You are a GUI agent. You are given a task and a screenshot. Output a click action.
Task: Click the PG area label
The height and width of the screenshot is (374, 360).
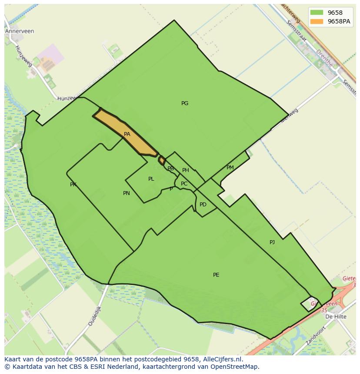[x=185, y=103]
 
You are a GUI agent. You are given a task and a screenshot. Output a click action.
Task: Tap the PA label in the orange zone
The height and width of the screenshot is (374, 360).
[x=127, y=134]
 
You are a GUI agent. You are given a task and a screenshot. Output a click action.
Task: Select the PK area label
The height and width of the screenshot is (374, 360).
[x=73, y=185]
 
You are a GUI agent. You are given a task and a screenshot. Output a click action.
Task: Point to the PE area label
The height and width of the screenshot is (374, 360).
[x=216, y=275]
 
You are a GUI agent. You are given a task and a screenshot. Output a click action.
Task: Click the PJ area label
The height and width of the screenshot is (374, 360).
[x=272, y=242]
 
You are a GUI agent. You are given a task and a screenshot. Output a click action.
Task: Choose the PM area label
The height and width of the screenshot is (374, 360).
[x=230, y=168]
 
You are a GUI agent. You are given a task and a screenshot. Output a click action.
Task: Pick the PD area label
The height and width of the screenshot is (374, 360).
[x=203, y=205]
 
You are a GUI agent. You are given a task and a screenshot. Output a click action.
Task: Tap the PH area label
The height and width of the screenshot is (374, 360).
[x=186, y=170]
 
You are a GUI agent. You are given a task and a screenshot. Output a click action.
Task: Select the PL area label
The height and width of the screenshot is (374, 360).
[x=151, y=179]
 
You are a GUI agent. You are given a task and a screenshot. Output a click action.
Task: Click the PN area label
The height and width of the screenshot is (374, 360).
[x=127, y=193]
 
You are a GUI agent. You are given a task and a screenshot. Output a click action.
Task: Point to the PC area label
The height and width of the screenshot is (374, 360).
[x=184, y=184]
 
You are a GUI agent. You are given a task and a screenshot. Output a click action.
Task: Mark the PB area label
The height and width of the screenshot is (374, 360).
[x=170, y=169]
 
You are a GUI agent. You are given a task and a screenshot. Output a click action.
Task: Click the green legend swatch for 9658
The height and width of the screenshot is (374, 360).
[x=317, y=13]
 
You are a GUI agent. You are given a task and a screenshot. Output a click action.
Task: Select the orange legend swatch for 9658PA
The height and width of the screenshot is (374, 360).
[x=317, y=21]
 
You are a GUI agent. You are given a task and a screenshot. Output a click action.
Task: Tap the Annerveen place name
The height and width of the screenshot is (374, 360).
[x=20, y=31]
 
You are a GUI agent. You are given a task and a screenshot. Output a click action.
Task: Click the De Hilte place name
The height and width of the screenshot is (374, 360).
[x=336, y=317]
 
